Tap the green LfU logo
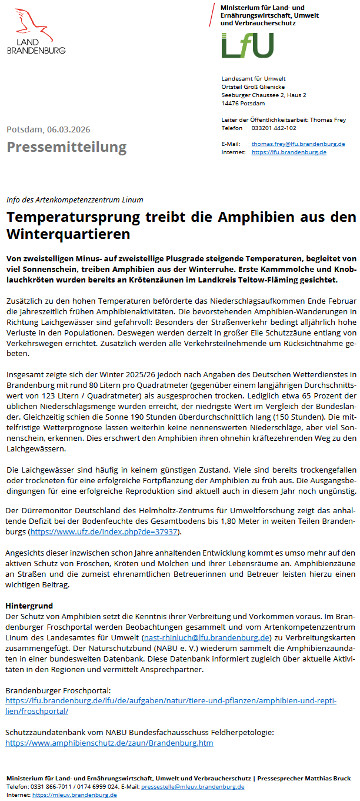[247, 45]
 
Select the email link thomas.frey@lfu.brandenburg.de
[298, 144]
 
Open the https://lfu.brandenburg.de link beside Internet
[289, 152]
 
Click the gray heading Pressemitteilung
[66, 147]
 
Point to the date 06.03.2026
[69, 129]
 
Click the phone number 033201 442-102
[274, 128]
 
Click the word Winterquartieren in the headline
[68, 234]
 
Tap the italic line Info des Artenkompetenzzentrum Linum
[75, 200]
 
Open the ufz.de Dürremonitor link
[103, 532]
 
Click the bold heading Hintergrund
[29, 606]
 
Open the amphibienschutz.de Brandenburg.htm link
[109, 743]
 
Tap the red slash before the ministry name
[212, 14]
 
